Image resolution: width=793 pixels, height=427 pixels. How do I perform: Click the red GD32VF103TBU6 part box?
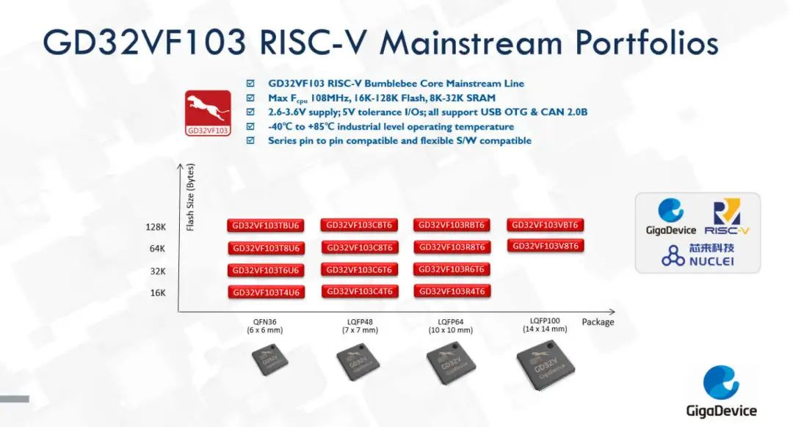pos(266,225)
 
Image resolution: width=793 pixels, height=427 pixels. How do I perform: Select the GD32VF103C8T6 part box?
pos(360,247)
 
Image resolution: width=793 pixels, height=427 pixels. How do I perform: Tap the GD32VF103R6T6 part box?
pos(452,269)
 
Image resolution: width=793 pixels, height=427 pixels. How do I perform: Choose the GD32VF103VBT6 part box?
pos(545,225)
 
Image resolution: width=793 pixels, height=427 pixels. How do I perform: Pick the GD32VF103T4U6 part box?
pos(266,292)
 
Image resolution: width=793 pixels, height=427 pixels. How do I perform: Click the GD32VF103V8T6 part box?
pos(545,246)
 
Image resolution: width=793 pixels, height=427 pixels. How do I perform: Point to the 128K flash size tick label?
pos(156,227)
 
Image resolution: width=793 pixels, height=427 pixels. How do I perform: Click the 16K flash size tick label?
pos(158,293)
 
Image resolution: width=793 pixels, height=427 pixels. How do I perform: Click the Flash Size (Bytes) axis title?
pos(190,197)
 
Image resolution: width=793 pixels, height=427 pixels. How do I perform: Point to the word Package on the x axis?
pos(598,322)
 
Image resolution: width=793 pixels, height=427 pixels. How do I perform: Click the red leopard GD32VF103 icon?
pos(208,113)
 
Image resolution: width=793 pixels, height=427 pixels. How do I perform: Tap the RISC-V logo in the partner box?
pos(727,217)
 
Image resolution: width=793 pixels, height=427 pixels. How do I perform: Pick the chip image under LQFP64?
pos(451,363)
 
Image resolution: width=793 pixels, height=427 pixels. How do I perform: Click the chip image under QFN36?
pos(270,360)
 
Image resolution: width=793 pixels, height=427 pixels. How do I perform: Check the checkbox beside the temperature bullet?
pos(250,126)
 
